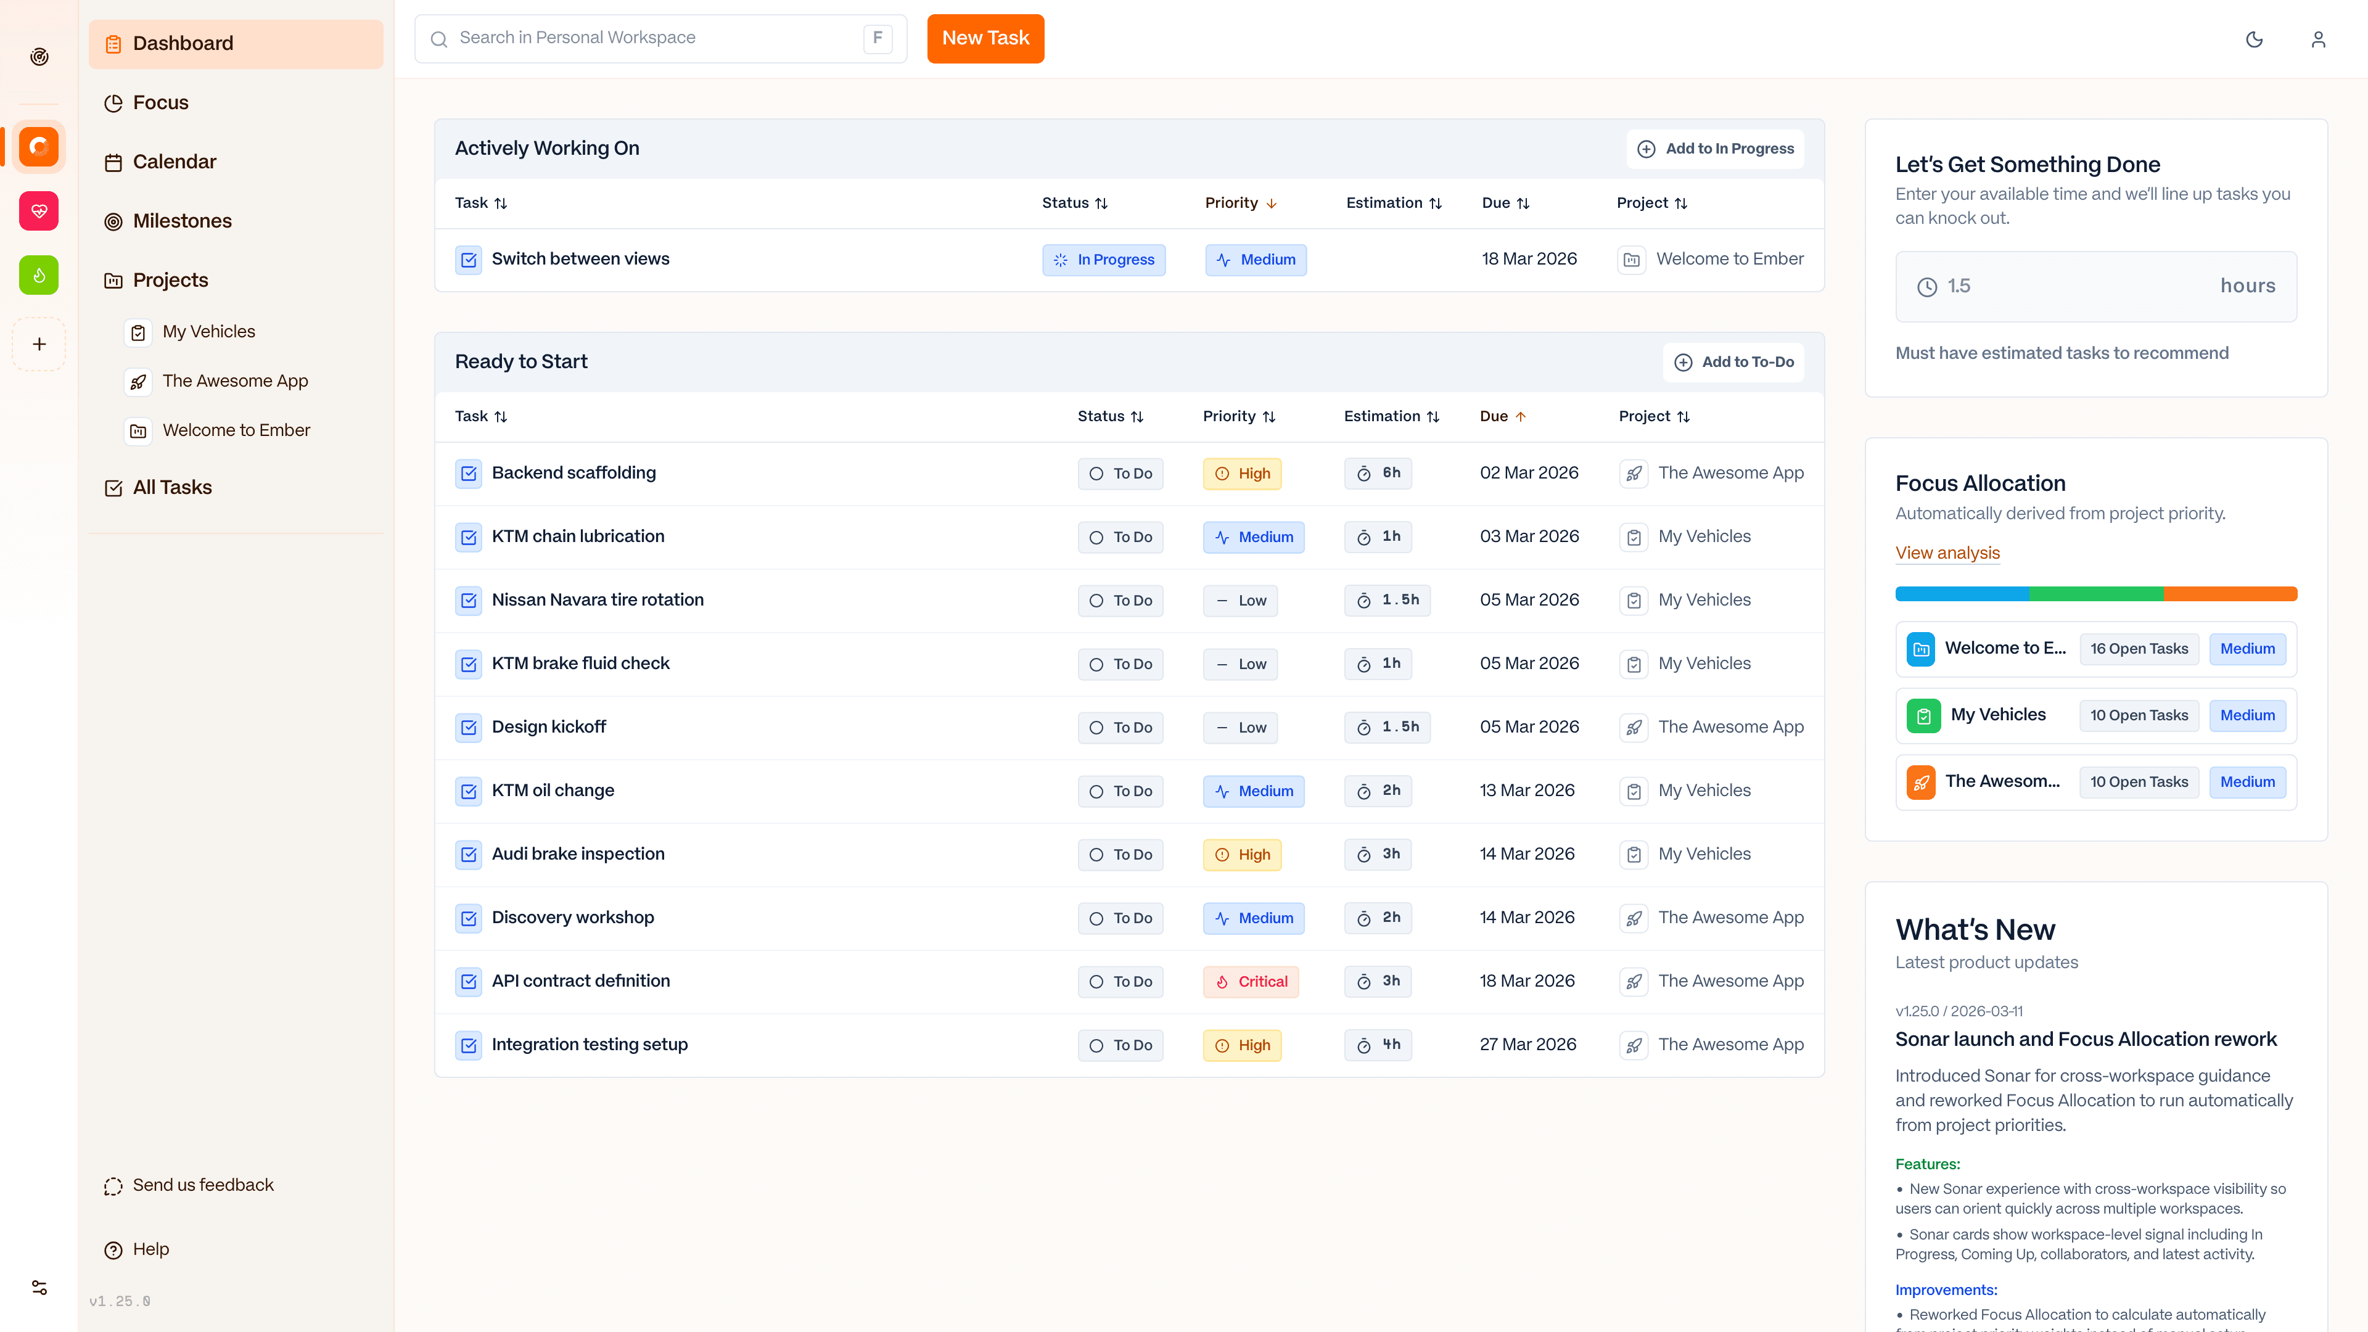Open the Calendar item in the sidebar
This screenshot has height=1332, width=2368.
click(x=174, y=162)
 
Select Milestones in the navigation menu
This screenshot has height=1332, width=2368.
click(x=182, y=221)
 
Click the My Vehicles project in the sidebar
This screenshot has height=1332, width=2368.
click(x=208, y=332)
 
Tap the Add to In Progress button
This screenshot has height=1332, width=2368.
click(x=1716, y=149)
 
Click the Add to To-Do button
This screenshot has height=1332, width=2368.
click(x=1733, y=362)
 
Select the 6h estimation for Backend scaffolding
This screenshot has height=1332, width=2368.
click(x=1378, y=474)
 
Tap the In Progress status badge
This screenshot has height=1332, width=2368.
click(x=1104, y=260)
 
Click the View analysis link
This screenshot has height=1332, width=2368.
click(x=1947, y=553)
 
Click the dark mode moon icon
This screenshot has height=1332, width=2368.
click(x=2254, y=39)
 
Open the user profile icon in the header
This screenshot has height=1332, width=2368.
click(x=2317, y=39)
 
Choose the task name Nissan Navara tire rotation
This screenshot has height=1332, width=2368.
click(x=598, y=600)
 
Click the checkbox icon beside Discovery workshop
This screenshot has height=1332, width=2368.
click(x=469, y=918)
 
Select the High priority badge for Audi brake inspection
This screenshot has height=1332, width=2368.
click(x=1242, y=855)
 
